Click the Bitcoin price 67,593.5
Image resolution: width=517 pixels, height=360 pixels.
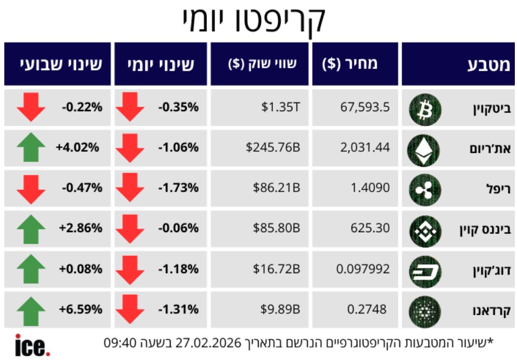pos(365,107)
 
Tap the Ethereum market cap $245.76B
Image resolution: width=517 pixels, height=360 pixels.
pos(273,147)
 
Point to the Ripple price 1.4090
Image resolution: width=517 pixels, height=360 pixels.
pos(370,188)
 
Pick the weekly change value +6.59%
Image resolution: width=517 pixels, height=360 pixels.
pos(80,309)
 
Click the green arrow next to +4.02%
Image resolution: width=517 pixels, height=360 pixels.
pos(31,148)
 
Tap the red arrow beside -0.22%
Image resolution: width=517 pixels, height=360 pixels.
pos(31,107)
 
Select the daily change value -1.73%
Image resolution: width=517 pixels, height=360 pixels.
pos(178,188)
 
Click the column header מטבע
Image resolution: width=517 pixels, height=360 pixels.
pos(487,65)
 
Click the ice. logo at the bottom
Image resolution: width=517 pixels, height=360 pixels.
pos(32,345)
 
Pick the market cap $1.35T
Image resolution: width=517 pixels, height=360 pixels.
pos(280,107)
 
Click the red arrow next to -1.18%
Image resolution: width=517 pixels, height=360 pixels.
pos(130,269)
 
